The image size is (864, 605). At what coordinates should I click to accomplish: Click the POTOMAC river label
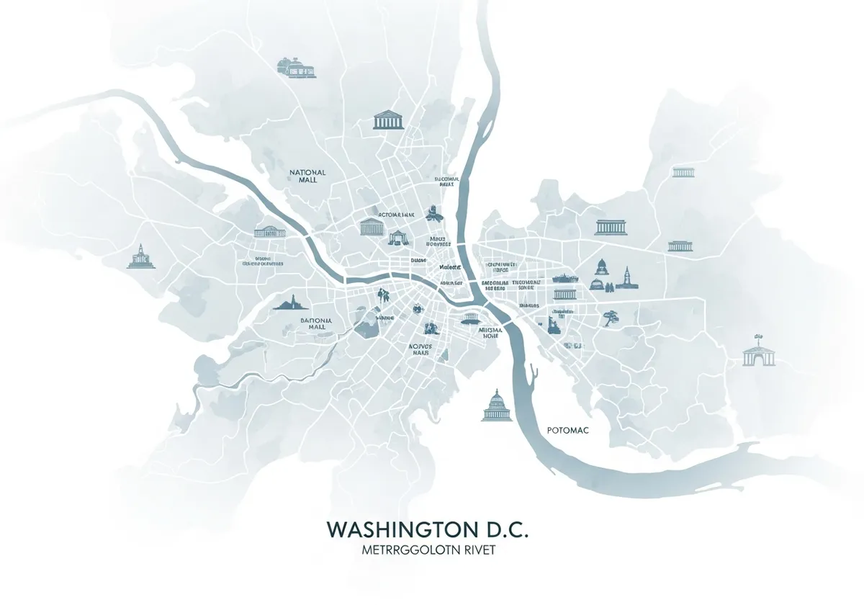pos(567,430)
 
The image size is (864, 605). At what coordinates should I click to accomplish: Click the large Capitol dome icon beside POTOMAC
pos(495,405)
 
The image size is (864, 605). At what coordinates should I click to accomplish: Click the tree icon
pos(611,318)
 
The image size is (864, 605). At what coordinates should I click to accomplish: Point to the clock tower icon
pos(627,278)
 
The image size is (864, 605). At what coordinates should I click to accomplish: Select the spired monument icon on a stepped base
pos(140,257)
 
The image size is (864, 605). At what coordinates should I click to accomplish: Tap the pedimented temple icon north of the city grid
pos(387,120)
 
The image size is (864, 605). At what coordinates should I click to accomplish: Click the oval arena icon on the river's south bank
pos(471,318)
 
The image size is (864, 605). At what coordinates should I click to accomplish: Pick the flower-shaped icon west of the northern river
pos(433,212)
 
